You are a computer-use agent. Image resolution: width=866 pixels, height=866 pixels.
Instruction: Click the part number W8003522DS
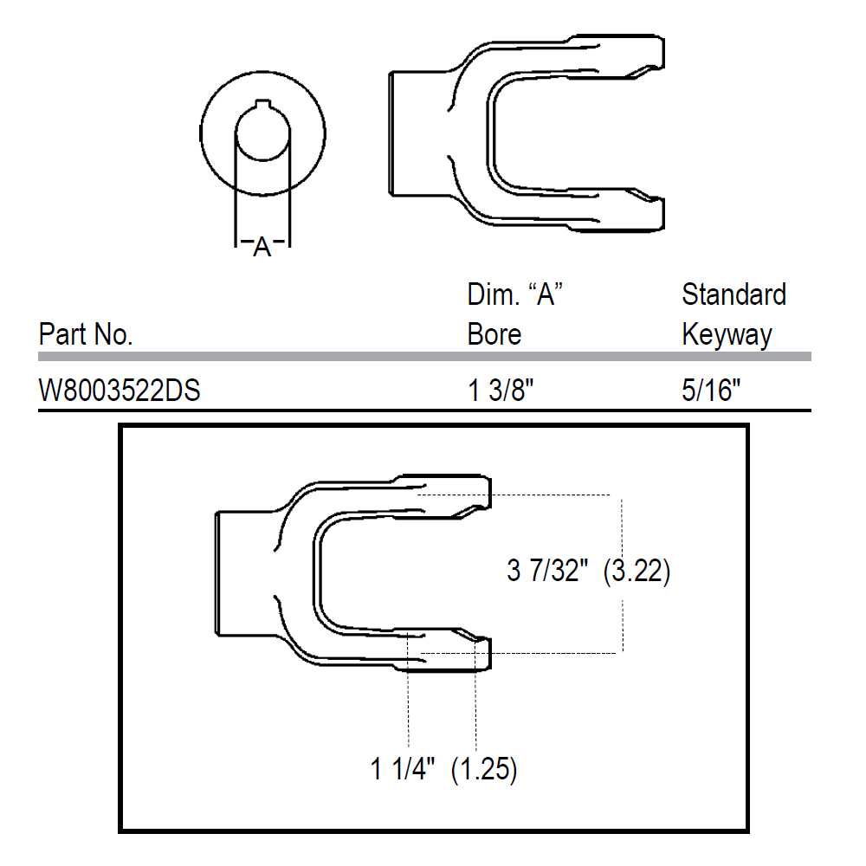pyautogui.click(x=120, y=391)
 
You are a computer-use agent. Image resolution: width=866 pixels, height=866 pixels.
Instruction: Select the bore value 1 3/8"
pyautogui.click(x=501, y=391)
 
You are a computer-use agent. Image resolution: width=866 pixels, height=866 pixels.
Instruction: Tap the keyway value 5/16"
pyautogui.click(x=711, y=391)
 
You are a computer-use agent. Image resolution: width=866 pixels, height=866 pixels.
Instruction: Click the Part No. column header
pyautogui.click(x=86, y=334)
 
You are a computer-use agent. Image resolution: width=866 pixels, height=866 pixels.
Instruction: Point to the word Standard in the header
pyautogui.click(x=734, y=294)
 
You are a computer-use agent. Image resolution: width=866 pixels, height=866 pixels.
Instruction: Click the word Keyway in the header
pyautogui.click(x=727, y=335)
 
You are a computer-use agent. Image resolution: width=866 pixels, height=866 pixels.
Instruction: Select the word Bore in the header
pyautogui.click(x=494, y=334)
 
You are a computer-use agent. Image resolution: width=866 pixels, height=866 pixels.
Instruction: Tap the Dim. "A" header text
pyautogui.click(x=514, y=294)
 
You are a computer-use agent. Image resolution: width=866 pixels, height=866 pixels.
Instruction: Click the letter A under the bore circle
pyautogui.click(x=262, y=247)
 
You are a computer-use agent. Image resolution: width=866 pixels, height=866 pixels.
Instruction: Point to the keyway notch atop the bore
pyautogui.click(x=263, y=105)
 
